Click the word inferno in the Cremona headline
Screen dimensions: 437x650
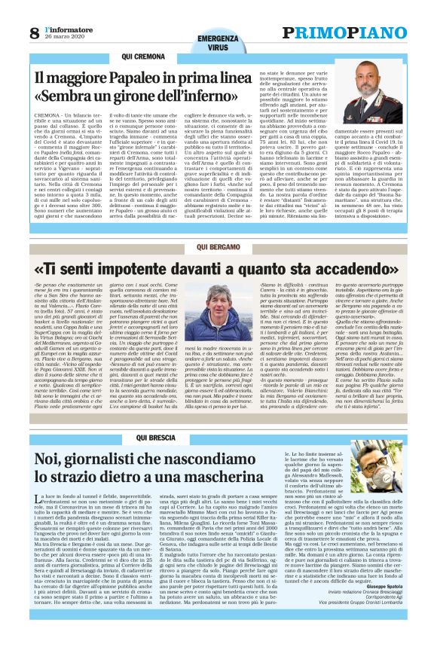click(222, 98)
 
